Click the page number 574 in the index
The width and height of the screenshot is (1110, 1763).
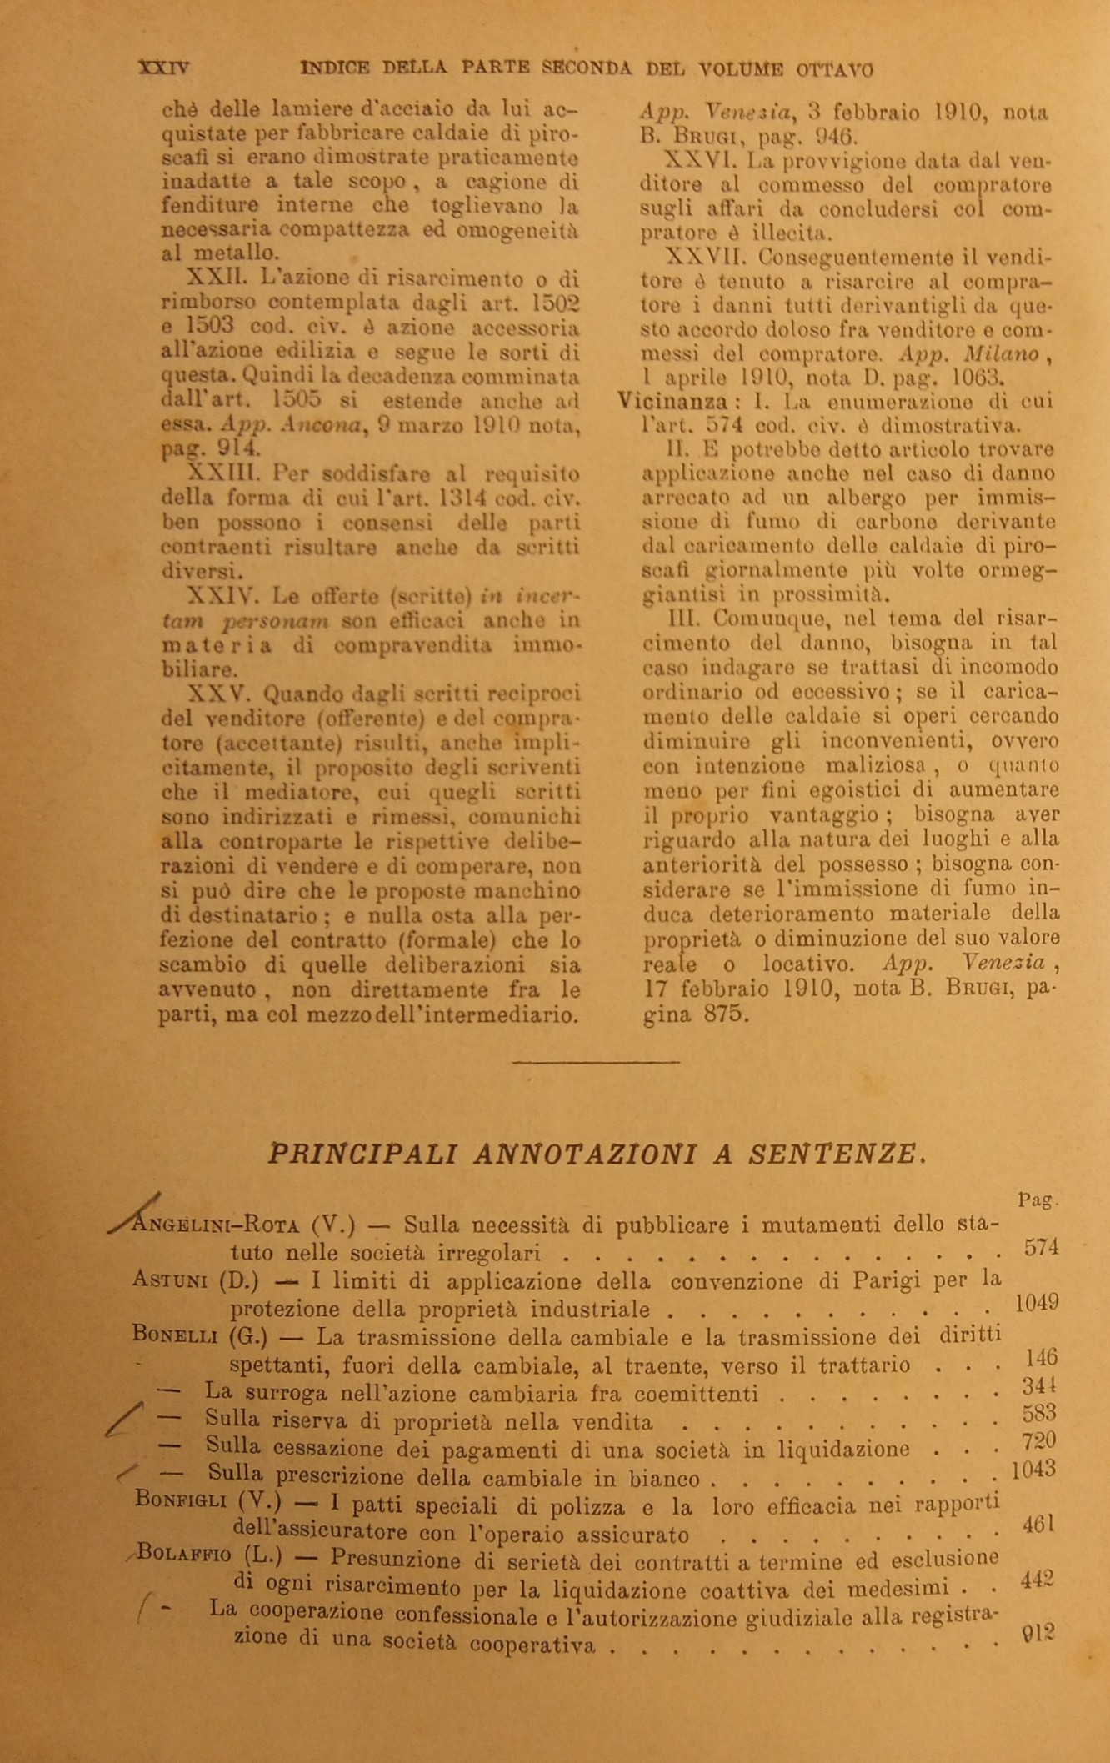tap(1040, 1247)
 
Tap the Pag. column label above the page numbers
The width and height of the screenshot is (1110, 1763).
tap(1038, 1201)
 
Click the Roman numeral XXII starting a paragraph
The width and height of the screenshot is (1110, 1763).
tap(214, 278)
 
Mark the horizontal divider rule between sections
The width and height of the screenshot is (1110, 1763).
tap(596, 1062)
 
